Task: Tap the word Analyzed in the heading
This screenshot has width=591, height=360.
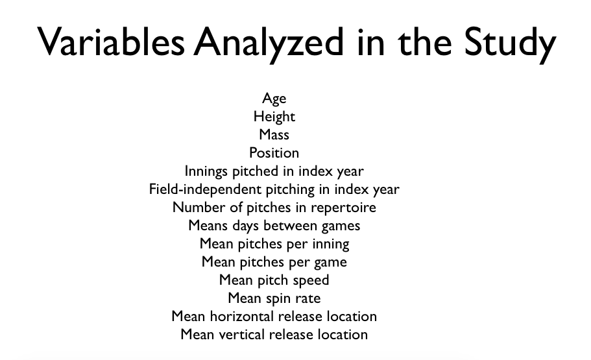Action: click(269, 43)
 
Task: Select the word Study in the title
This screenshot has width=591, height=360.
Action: click(510, 43)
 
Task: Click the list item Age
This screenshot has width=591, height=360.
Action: click(274, 99)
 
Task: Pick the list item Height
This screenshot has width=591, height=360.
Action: click(274, 117)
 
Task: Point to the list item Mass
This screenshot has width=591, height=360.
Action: click(274, 134)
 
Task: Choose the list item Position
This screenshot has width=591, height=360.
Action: click(274, 152)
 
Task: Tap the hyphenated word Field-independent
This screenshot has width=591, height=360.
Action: click(205, 189)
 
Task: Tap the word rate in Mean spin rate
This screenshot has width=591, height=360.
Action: click(308, 299)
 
